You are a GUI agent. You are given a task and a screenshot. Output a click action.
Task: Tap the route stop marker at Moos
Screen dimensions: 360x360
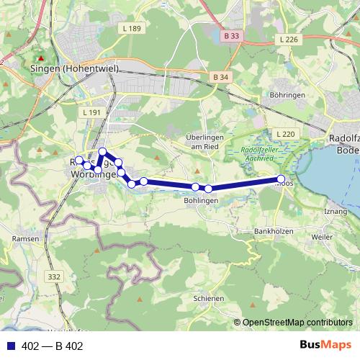[x=281, y=179]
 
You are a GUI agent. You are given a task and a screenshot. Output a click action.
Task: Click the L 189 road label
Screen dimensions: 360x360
[x=132, y=29]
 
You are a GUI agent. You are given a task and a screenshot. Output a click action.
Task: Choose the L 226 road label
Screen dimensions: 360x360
[x=287, y=40]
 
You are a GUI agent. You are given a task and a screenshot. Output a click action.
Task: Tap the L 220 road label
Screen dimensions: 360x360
[x=286, y=134]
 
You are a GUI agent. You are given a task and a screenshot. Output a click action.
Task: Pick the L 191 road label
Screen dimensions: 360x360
[x=91, y=113]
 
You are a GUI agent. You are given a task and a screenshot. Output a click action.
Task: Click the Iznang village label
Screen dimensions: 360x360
[x=336, y=210]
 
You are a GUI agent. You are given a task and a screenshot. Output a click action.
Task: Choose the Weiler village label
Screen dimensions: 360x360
[x=322, y=236]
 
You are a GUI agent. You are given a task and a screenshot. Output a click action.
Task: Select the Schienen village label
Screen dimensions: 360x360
[x=210, y=297]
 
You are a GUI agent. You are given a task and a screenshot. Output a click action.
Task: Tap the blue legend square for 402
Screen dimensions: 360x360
[x=9, y=346]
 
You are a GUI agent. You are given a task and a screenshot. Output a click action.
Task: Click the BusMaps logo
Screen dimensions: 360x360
[x=328, y=346]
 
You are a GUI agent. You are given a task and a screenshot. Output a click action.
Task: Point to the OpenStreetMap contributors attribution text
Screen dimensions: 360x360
[x=297, y=323]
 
